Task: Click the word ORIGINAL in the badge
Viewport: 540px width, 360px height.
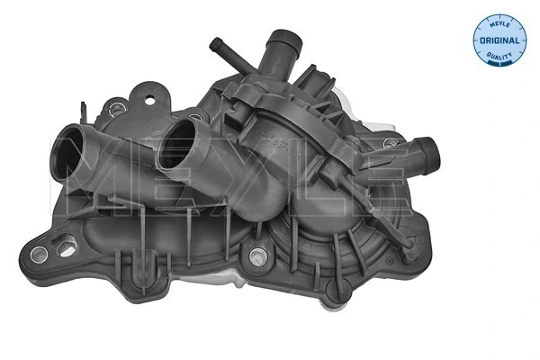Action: click(497, 40)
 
